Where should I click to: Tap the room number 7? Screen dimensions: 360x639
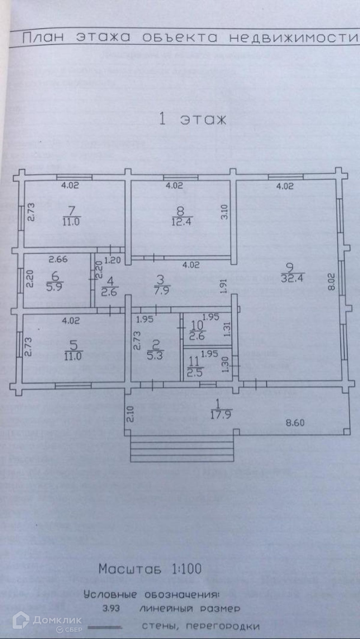71,210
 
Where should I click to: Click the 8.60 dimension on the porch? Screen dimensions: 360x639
295,423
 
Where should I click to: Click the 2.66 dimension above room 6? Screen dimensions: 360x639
58,259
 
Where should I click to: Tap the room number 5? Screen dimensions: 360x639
73,346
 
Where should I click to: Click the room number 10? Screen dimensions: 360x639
196,325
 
